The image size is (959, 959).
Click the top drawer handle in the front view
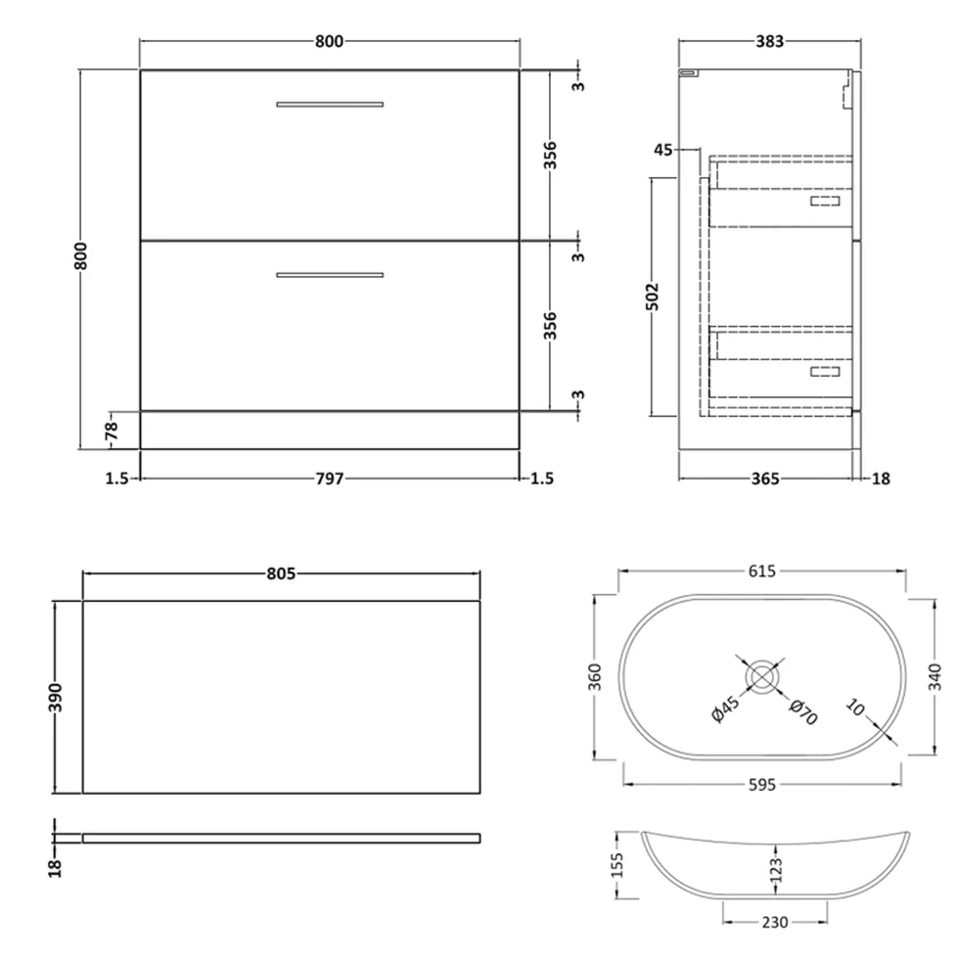click(330, 105)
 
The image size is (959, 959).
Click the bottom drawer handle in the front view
click(330, 275)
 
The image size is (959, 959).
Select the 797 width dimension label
click(330, 479)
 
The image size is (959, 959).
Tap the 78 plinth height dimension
click(112, 431)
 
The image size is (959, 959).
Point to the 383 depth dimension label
click(769, 41)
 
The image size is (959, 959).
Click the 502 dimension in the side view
click(654, 297)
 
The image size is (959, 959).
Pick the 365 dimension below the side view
click(765, 479)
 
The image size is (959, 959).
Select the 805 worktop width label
click(281, 573)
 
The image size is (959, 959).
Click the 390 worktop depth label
click(55, 698)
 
